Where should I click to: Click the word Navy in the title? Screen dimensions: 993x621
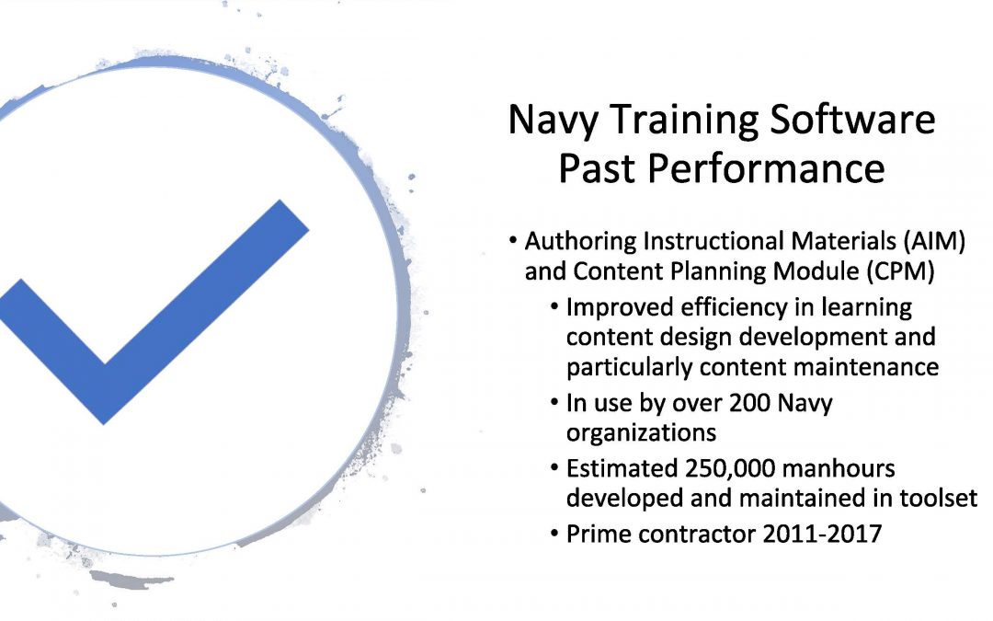553,120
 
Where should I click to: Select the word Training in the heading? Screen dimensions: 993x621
682,120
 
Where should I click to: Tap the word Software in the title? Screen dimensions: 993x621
852,119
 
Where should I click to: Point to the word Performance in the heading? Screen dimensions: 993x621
766,168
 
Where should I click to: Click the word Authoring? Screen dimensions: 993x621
581,242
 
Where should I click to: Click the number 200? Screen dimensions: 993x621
749,403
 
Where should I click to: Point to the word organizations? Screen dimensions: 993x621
641,433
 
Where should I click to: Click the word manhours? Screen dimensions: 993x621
839,469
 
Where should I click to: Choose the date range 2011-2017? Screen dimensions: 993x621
822,535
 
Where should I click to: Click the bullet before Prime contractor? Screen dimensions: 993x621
554,534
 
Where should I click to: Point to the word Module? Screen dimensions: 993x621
816,271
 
